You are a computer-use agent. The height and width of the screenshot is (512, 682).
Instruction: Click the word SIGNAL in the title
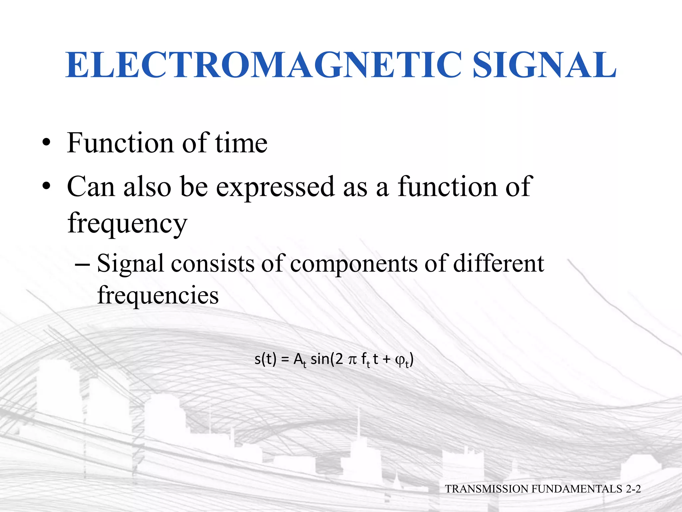click(x=544, y=65)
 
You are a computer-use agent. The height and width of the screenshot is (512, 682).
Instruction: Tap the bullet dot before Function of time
click(x=46, y=144)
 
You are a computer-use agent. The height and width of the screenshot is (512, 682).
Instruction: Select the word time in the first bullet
click(x=241, y=143)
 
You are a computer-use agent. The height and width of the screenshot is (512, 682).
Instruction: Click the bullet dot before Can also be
click(x=46, y=187)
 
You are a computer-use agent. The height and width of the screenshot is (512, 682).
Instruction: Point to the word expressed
click(x=275, y=187)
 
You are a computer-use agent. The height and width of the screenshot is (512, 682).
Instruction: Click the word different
click(x=499, y=264)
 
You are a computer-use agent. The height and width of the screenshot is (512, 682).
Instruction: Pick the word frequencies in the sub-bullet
click(x=158, y=295)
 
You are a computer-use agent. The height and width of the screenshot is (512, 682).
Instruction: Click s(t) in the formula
click(x=265, y=359)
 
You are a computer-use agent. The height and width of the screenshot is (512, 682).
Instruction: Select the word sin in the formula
click(x=320, y=359)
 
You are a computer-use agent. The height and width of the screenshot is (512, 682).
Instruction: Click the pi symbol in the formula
click(x=352, y=360)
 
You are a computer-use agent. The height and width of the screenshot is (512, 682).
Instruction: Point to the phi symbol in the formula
click(x=399, y=360)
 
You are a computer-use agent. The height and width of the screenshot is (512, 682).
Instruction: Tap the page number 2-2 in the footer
click(x=633, y=489)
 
